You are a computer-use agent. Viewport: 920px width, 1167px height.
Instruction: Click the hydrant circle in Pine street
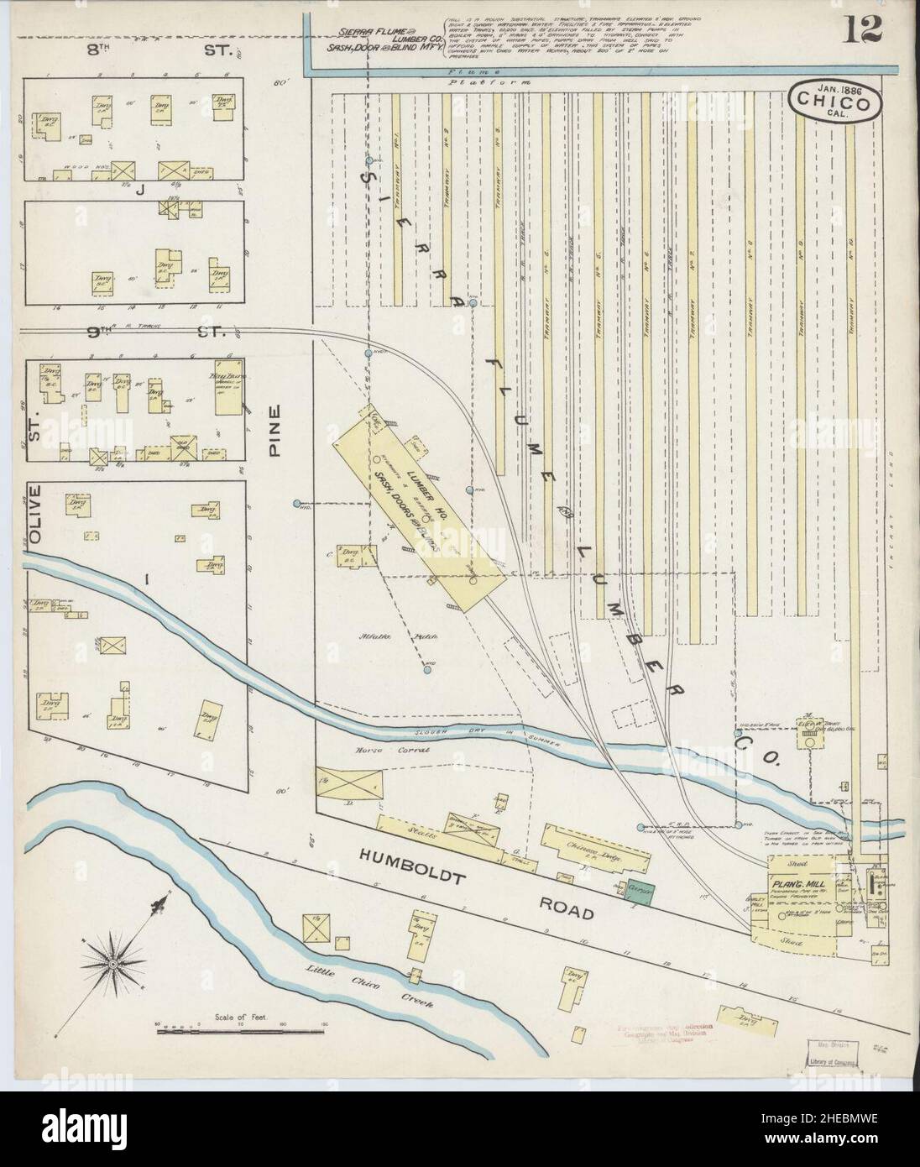tap(297, 504)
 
